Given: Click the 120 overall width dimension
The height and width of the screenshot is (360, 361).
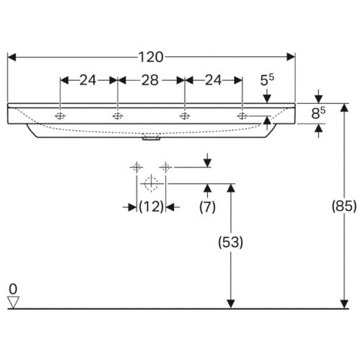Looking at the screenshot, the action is [151, 57].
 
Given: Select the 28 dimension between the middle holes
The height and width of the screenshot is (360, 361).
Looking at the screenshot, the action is [149, 80].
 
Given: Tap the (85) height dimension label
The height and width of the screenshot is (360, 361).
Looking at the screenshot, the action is [344, 206].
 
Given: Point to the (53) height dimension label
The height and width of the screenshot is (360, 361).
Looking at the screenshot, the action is [230, 242].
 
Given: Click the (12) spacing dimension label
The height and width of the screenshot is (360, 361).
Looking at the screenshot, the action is [152, 206].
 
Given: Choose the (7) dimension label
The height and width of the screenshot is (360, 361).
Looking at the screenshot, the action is [207, 206].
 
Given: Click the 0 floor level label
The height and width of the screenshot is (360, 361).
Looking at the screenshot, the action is [13, 289].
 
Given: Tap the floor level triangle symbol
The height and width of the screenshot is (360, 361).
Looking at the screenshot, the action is [13, 302].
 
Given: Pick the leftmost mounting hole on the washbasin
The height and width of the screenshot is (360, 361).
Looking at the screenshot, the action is [60, 116].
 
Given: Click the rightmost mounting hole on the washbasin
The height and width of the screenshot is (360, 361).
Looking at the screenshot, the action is [242, 116].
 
